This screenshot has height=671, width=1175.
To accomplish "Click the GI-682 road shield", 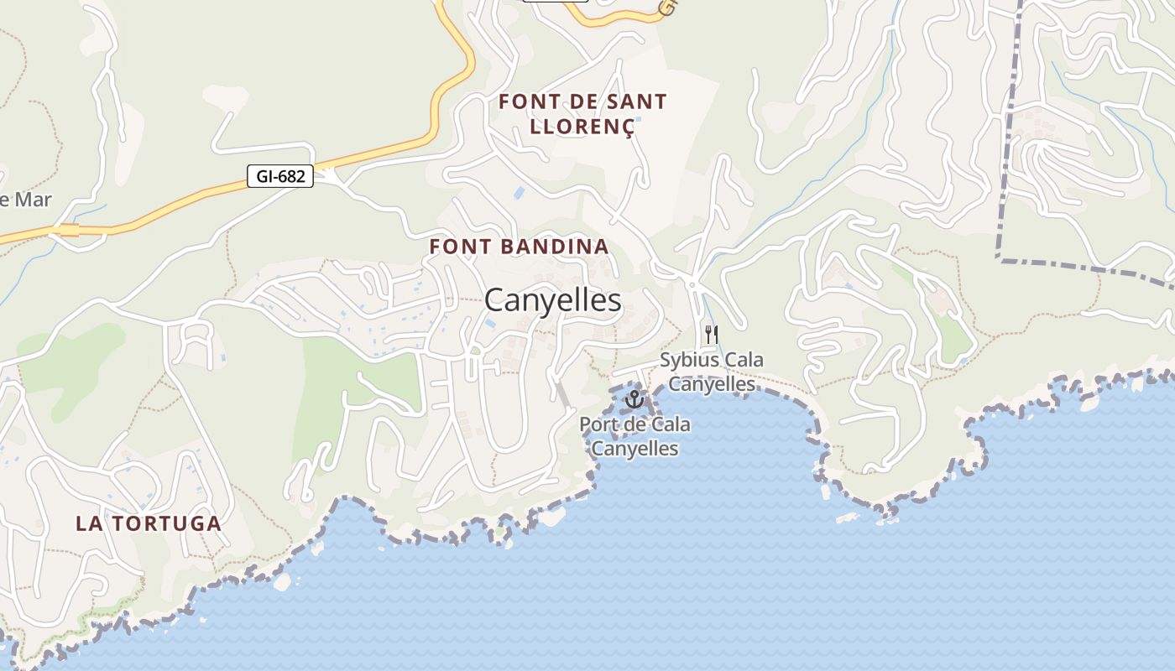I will click(280, 176).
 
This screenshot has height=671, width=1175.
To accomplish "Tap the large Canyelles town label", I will click(553, 300).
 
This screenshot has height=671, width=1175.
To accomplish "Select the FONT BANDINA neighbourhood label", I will click(519, 247).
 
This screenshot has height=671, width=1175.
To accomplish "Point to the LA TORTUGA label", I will click(149, 523).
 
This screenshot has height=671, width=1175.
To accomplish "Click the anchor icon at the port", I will click(634, 399).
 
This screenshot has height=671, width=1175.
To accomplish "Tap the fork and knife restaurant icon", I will click(711, 334).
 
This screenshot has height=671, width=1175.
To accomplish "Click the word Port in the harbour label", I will click(598, 424).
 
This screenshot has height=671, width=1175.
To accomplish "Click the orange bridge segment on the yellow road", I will click(69, 230).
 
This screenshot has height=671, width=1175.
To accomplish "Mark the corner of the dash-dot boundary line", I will click(999, 258).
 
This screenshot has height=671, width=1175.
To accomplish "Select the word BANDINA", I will click(559, 247).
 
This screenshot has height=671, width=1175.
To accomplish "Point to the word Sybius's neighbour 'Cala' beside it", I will click(740, 361).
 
